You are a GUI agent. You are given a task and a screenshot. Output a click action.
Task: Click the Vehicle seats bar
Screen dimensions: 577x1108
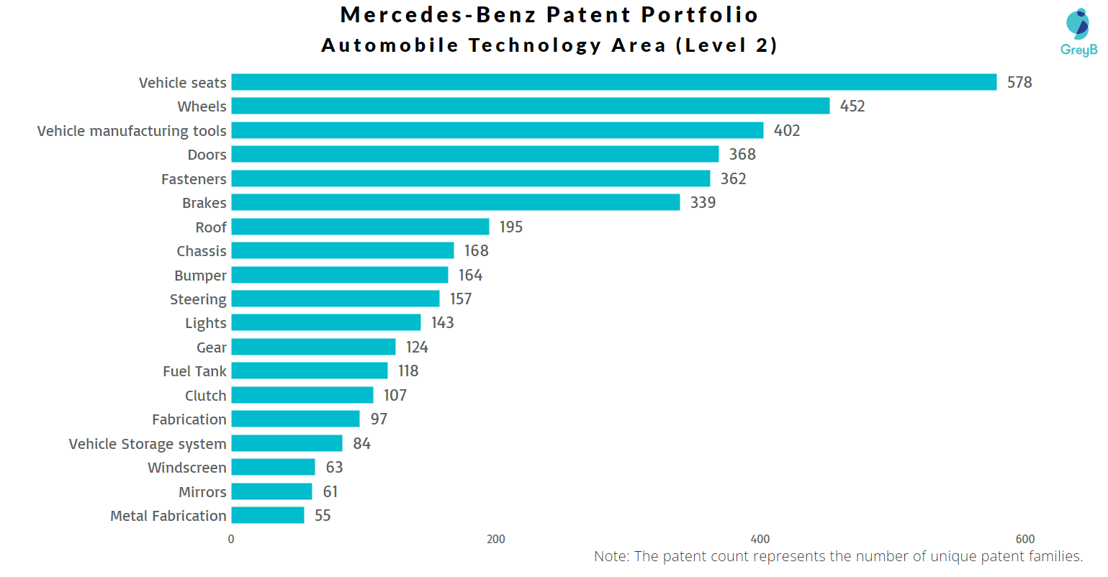tap(613, 82)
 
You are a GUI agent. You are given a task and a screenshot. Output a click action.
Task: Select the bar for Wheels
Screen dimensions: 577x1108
tap(530, 106)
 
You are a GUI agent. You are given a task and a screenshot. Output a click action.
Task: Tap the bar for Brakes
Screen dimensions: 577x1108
tap(455, 202)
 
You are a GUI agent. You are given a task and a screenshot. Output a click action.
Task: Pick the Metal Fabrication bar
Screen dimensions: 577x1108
tap(268, 515)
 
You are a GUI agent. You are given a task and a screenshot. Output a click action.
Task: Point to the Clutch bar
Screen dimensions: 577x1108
tap(302, 395)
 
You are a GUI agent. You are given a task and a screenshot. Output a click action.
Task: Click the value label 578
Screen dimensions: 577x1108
tap(1019, 83)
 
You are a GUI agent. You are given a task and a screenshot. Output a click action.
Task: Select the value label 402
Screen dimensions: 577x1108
tap(787, 130)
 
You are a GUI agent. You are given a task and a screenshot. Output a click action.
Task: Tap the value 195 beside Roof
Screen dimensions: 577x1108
tap(511, 227)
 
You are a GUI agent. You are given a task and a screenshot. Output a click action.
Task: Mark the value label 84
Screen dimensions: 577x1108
tap(362, 443)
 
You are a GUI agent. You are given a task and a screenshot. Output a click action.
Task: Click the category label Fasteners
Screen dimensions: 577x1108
tap(194, 179)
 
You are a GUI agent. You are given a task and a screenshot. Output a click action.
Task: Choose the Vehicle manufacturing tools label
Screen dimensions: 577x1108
tap(132, 131)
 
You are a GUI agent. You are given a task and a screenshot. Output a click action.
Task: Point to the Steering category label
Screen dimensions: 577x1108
tap(198, 299)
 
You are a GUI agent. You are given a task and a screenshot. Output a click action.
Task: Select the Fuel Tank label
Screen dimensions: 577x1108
tap(194, 371)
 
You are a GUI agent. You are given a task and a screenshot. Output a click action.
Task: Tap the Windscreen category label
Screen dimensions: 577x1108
tap(187, 468)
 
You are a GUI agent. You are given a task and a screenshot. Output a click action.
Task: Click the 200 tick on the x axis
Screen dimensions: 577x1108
tap(496, 539)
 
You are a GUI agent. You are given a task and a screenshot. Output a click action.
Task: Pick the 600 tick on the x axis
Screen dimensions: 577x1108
tap(1025, 539)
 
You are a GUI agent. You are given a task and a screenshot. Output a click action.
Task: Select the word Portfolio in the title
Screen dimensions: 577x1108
tap(700, 14)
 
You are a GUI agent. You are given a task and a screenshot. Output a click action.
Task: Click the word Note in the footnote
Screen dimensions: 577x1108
tap(611, 556)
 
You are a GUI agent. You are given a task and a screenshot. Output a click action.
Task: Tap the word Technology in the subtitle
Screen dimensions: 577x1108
tap(535, 45)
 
